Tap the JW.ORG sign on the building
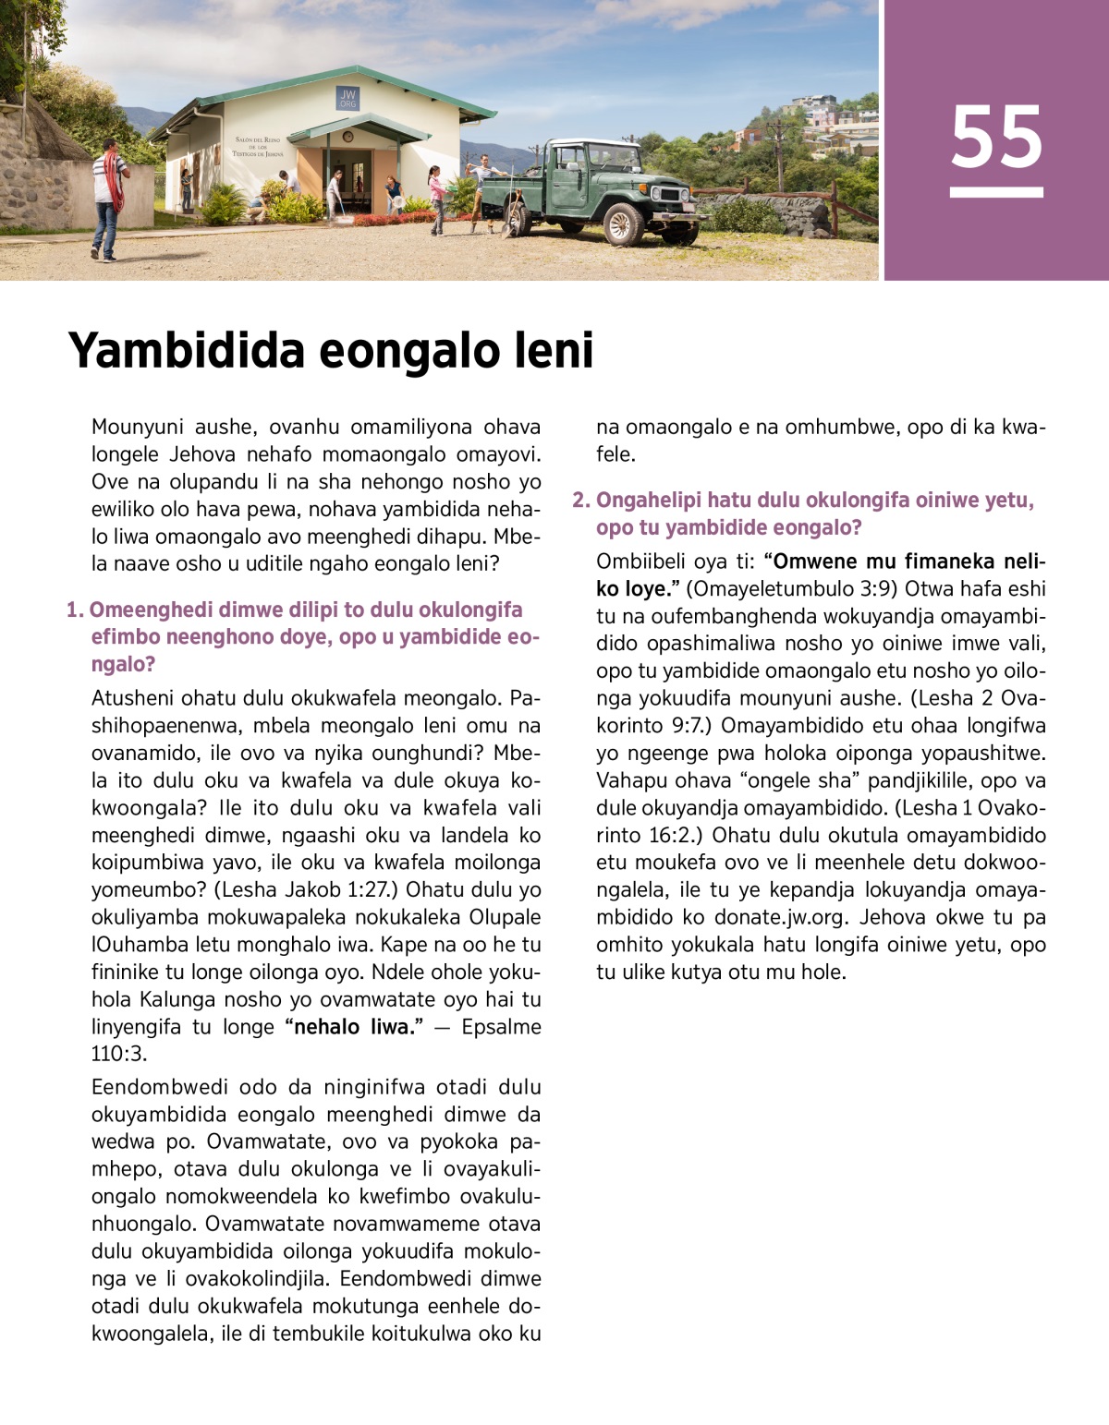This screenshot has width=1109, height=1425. pyautogui.click(x=347, y=98)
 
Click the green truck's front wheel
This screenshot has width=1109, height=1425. pyautogui.click(x=623, y=223)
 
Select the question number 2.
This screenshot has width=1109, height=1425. pyautogui.click(x=579, y=501)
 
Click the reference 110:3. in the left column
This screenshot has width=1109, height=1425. pyautogui.click(x=119, y=1054)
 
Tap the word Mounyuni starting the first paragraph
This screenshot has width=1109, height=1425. pyautogui.click(x=137, y=428)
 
